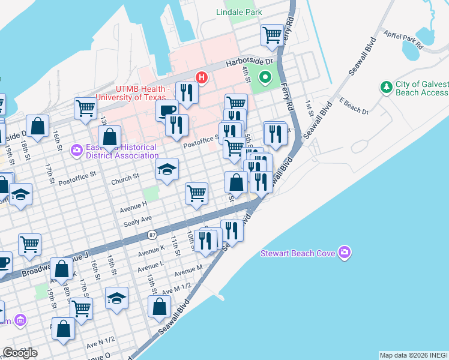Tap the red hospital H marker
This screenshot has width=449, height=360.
(x=202, y=77)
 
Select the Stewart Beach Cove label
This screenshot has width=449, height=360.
(x=297, y=253)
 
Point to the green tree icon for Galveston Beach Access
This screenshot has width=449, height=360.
(x=387, y=88)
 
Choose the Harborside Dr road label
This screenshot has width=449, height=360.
(x=249, y=62)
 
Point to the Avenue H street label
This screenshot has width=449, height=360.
(x=133, y=206)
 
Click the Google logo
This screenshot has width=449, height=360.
(x=20, y=353)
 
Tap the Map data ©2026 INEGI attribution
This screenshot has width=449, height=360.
(x=414, y=355)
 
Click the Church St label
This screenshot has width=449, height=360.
(x=125, y=178)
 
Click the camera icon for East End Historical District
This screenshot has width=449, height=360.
(x=76, y=149)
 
